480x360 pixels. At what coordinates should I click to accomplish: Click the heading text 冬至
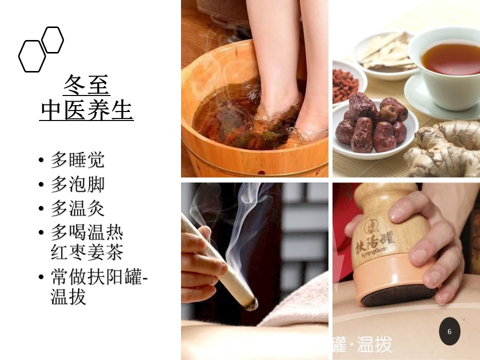[86, 85]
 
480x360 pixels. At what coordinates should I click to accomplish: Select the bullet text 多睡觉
[77, 159]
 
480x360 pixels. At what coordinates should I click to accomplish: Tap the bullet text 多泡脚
[77, 184]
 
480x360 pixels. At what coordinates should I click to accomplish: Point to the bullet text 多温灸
[77, 208]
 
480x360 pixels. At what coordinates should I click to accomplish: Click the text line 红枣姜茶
[87, 252]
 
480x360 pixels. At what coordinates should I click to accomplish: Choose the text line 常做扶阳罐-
[99, 276]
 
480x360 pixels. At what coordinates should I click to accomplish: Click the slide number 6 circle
[449, 331]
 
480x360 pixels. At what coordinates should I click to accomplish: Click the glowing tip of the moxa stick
[251, 304]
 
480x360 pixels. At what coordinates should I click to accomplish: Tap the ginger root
[444, 148]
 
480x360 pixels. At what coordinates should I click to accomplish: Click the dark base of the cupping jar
[398, 295]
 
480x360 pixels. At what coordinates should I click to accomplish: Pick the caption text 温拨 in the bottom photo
[374, 344]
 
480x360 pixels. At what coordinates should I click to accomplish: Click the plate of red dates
[375, 128]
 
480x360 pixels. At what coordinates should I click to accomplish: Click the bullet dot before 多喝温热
[41, 232]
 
